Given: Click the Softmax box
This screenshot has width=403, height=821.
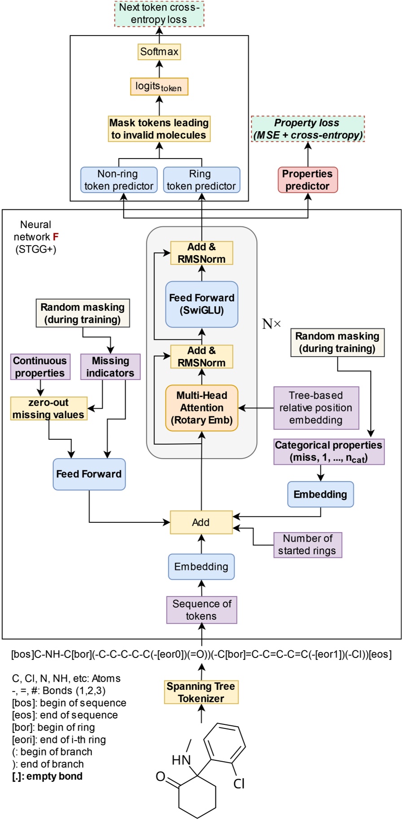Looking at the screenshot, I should [x=159, y=52].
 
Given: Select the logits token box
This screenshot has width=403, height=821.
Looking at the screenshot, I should [x=159, y=87].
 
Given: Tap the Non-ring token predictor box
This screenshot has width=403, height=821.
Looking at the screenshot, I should [x=119, y=180].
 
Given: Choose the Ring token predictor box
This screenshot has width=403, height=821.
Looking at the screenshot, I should [x=201, y=180].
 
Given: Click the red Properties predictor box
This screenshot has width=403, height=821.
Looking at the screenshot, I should [x=307, y=180].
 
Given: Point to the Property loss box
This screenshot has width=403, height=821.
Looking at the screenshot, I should [x=308, y=129].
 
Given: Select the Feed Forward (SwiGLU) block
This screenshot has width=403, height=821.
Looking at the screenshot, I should [x=201, y=304].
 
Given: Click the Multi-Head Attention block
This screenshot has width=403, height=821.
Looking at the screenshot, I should [x=201, y=408].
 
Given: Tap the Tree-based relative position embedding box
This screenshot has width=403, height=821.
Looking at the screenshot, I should [x=316, y=408].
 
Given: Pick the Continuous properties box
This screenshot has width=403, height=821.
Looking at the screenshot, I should [x=40, y=367].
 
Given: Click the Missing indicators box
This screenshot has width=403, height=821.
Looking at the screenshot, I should [x=110, y=367].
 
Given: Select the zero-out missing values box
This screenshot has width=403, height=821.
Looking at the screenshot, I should [x=48, y=409].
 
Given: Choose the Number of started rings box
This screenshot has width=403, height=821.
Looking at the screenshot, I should [x=307, y=545].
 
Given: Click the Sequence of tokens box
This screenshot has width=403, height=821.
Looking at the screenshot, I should [x=201, y=610].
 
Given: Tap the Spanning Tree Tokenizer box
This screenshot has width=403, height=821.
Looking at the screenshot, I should [x=201, y=692].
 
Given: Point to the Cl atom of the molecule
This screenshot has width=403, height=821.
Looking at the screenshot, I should [x=239, y=784].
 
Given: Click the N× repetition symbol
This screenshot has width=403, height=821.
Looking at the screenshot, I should [x=272, y=324].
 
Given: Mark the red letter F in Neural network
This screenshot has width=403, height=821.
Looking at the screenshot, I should [x=56, y=237].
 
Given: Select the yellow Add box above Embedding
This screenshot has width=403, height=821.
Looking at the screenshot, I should [x=201, y=522].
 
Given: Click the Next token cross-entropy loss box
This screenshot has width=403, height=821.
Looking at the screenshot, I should [x=159, y=13].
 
